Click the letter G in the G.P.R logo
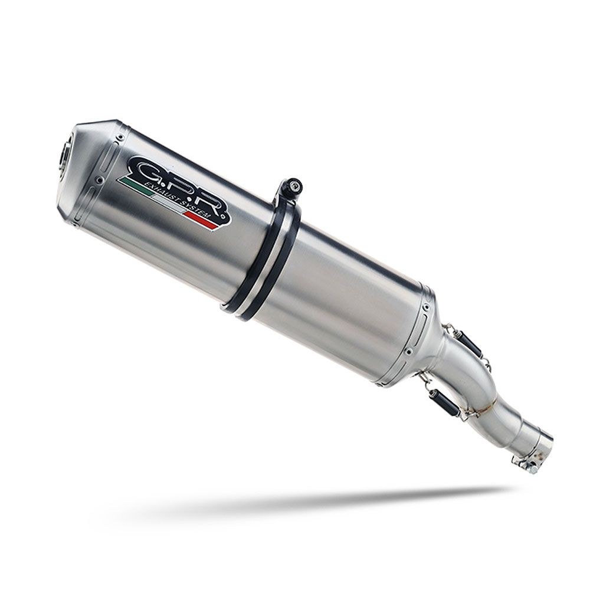click(x=143, y=167)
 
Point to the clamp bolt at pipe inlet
click(x=533, y=470)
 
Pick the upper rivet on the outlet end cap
click(x=120, y=137)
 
